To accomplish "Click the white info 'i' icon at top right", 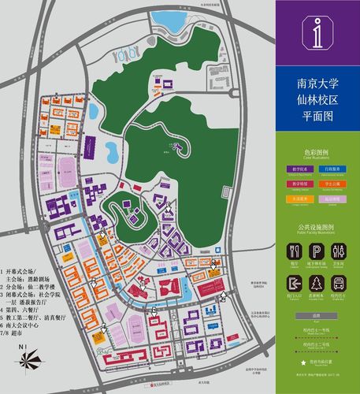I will pyautogui.click(x=317, y=32).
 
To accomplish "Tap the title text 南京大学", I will pyautogui.click(x=317, y=82).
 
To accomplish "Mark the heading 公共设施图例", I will pyautogui.click(x=317, y=228).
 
